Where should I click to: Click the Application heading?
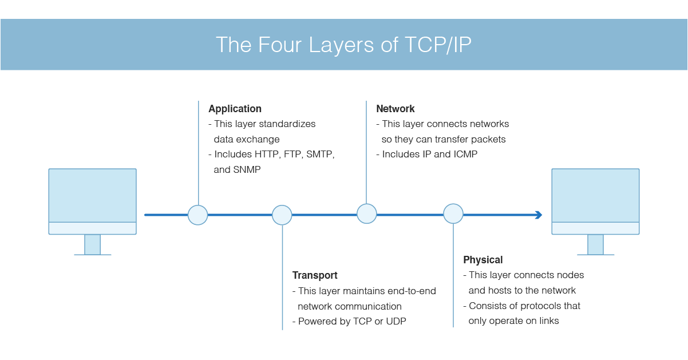(235, 109)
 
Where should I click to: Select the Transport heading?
(315, 275)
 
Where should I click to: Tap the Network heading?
(395, 109)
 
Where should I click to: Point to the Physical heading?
(483, 260)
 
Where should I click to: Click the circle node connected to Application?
(198, 215)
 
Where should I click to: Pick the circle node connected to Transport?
(282, 215)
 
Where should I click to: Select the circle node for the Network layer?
(367, 213)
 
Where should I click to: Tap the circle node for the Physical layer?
(453, 213)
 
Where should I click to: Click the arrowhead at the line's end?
(538, 215)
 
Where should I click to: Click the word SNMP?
(247, 169)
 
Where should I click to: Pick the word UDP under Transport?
(396, 321)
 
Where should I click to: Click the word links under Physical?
(545, 321)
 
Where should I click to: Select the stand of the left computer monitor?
(92, 244)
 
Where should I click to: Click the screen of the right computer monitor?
(595, 195)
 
